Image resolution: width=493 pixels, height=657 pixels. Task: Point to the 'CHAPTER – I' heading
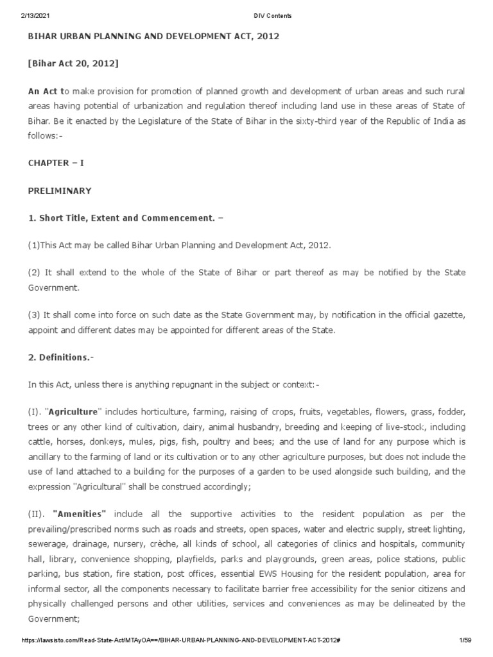coord(56,163)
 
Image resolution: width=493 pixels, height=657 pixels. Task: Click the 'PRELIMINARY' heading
coord(59,191)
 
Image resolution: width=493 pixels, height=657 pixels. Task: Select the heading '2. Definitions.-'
coord(60,357)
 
